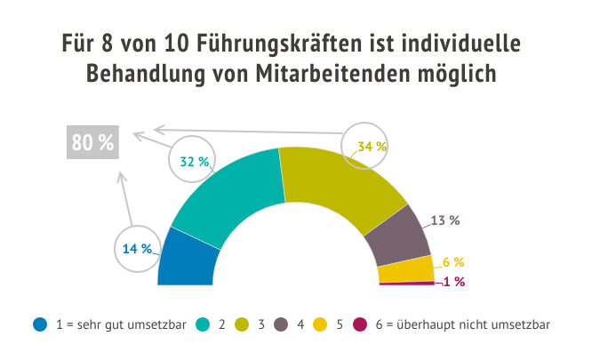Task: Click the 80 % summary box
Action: (x=92, y=143)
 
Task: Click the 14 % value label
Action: (x=138, y=249)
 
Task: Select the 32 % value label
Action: (x=195, y=162)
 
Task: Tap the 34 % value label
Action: (x=372, y=146)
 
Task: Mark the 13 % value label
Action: (x=444, y=220)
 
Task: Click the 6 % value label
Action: (x=453, y=262)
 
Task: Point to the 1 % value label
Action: (x=453, y=282)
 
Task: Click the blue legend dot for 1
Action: (x=39, y=324)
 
